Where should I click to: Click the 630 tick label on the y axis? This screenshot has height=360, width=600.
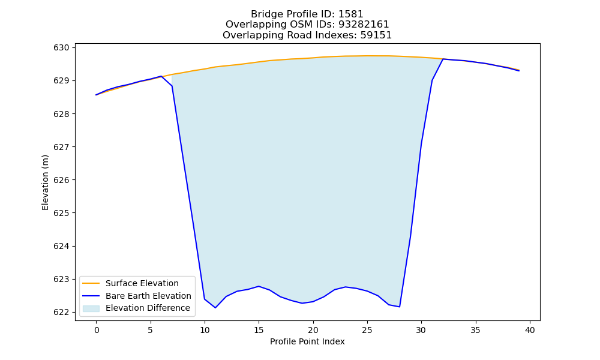61,48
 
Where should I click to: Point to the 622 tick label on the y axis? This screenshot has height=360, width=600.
61,312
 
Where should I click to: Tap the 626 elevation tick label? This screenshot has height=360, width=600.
61,180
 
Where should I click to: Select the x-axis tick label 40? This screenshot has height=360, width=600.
530,330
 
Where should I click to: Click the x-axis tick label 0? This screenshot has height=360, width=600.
97,330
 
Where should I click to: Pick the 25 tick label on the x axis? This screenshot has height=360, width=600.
367,330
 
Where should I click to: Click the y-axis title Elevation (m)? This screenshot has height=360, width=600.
45,182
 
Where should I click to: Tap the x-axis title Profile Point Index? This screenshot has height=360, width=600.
307,341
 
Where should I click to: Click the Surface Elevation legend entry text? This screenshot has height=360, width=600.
142,283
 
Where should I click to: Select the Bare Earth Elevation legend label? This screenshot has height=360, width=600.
148,296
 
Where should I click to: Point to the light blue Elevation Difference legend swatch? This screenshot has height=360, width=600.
91,308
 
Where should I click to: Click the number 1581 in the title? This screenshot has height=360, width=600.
350,14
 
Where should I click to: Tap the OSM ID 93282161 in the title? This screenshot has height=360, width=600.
364,25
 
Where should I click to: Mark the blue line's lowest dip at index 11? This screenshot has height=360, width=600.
215,308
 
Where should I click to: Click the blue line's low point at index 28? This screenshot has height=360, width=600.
400,307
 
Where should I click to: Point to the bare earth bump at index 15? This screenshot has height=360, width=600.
259,286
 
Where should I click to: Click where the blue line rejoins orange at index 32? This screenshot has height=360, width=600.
443,59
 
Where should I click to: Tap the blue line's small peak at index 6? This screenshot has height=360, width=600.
161,76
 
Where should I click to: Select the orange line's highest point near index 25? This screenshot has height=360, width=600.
367,56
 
